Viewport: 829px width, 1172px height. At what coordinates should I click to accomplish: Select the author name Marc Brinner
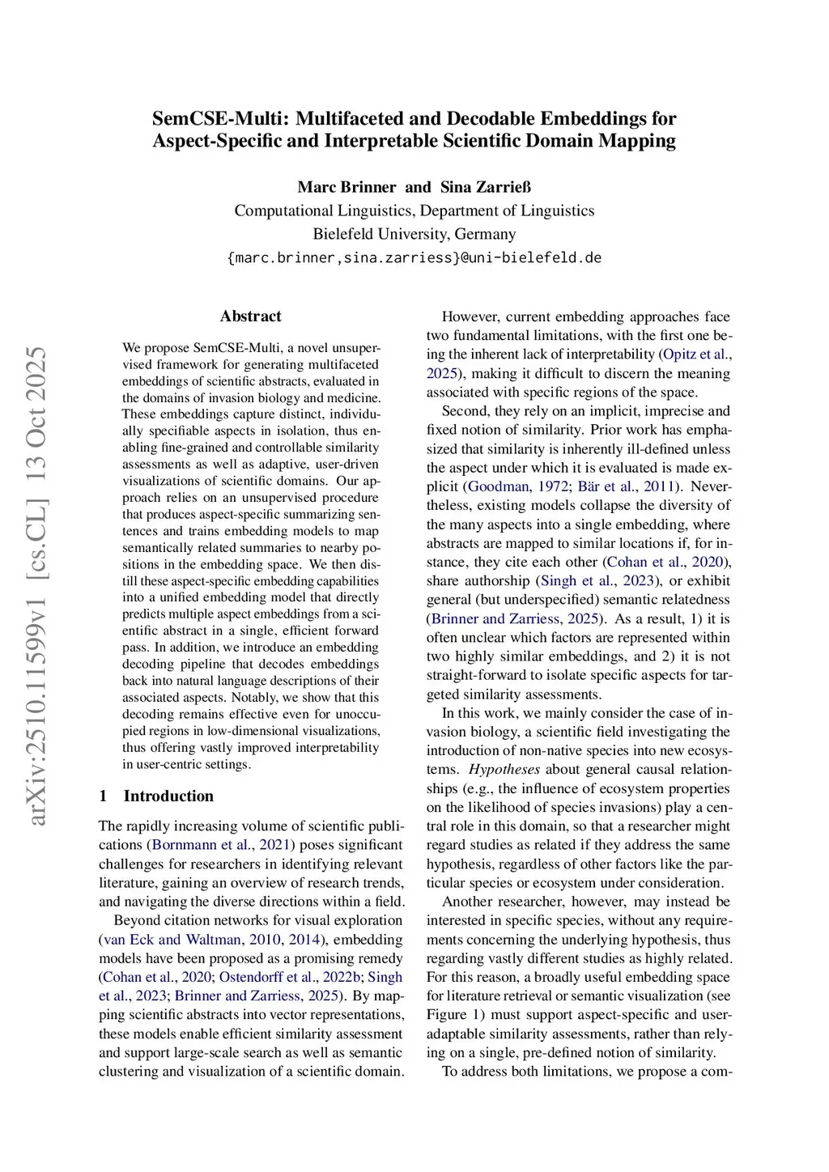click(346, 187)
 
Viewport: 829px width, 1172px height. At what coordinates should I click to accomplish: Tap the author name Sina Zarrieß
click(486, 187)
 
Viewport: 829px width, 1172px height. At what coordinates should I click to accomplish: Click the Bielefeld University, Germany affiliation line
click(414, 234)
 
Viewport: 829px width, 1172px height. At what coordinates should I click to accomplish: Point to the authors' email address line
click(414, 257)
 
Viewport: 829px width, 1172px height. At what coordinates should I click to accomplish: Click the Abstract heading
click(250, 316)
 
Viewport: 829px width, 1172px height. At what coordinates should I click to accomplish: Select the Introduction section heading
click(168, 796)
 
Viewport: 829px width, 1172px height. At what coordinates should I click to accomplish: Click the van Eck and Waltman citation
click(172, 940)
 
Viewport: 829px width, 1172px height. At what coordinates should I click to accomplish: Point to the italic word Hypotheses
click(504, 770)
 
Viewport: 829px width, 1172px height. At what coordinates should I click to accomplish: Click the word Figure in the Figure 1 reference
click(446, 1015)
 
